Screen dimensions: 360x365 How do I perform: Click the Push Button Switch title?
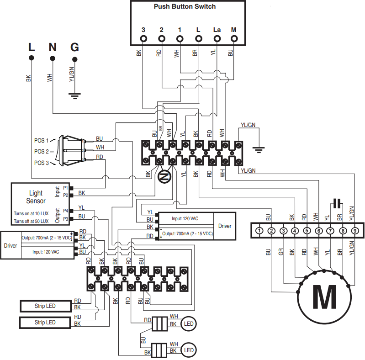(185, 6)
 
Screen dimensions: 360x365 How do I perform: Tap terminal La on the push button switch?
(217, 39)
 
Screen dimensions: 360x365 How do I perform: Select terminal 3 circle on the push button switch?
(143, 39)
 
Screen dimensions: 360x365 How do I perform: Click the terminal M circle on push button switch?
(233, 39)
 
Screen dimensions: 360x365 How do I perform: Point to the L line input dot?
(32, 58)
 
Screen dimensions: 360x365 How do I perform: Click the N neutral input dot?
(53, 58)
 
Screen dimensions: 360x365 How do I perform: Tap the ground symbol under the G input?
(74, 95)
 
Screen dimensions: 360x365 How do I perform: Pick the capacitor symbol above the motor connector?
(337, 203)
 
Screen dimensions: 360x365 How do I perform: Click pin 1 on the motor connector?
(259, 231)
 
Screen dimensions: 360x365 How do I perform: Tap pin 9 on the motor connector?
(354, 231)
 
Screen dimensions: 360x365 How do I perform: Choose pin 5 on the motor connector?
(307, 231)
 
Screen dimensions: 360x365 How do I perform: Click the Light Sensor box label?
(37, 197)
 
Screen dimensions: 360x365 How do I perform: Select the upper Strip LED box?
(45, 305)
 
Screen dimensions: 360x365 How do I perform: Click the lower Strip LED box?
(45, 323)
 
